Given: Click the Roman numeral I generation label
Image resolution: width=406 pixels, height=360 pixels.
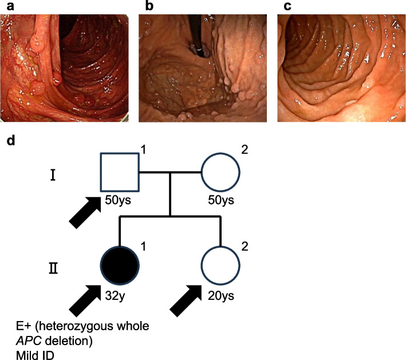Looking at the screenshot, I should pos(52,173).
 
